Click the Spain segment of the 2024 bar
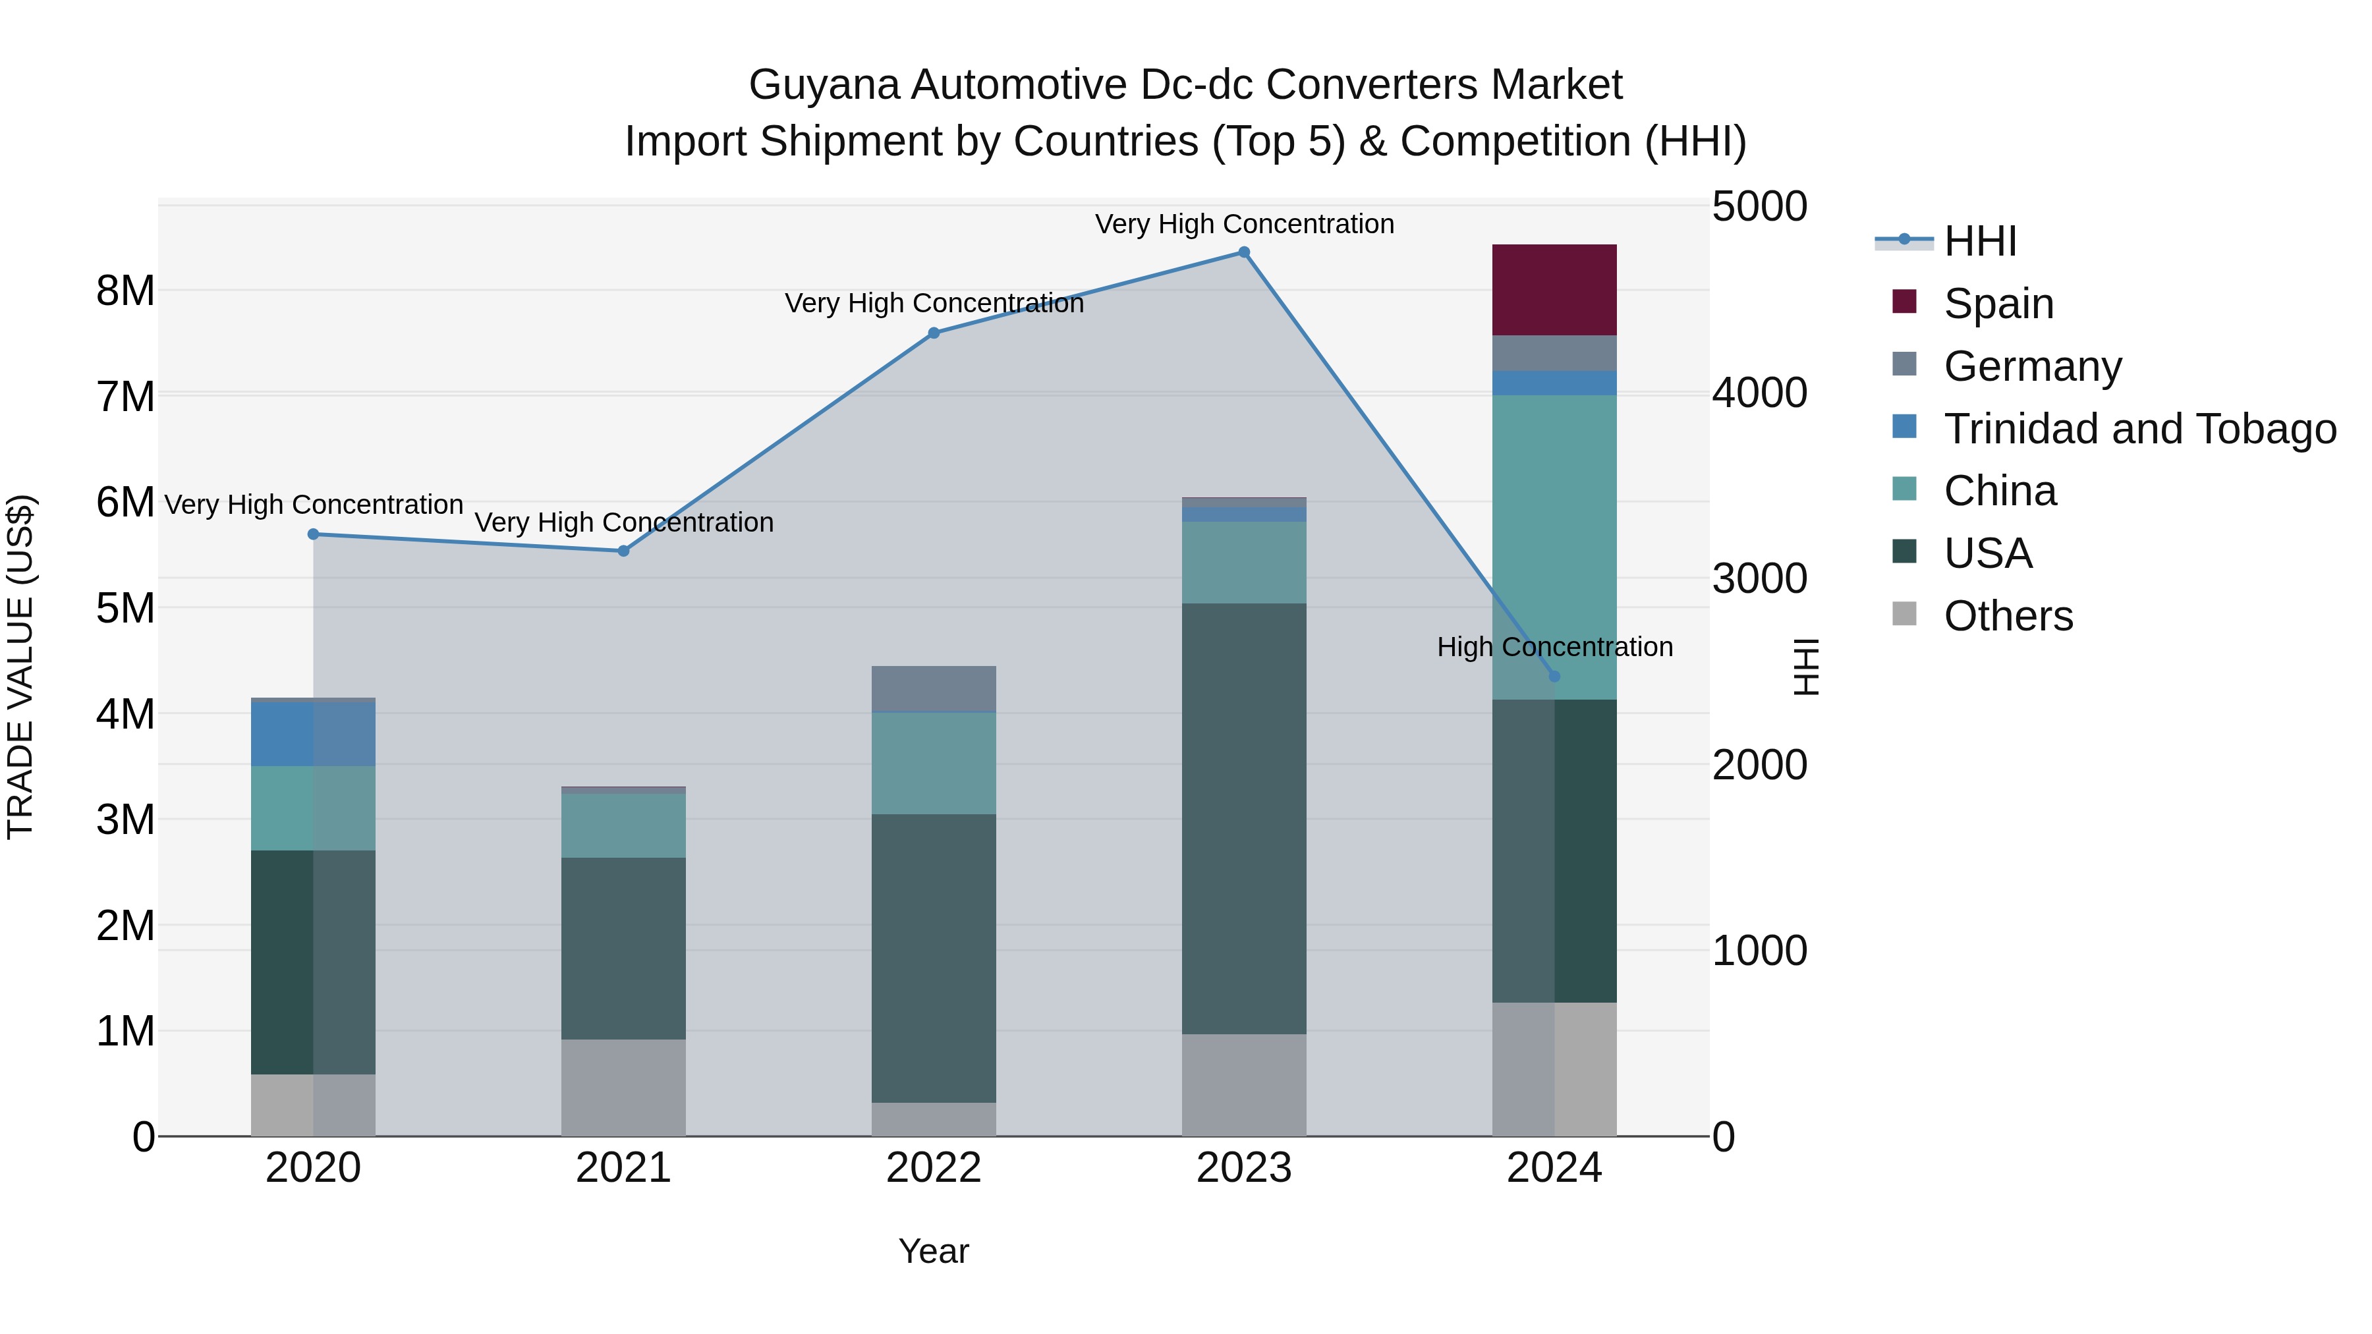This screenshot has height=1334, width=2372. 1554,290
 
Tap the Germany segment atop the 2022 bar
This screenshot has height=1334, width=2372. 934,688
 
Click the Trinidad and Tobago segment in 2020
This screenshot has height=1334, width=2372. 313,734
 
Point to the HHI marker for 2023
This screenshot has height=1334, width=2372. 1243,252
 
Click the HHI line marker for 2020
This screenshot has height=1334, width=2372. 313,534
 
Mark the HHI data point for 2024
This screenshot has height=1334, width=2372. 1554,677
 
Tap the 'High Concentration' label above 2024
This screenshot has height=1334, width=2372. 1554,647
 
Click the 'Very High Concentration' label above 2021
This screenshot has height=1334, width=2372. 623,523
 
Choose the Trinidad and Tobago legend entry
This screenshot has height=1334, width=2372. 2139,429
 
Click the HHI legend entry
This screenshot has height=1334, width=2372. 1980,241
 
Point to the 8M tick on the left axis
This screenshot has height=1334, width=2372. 125,291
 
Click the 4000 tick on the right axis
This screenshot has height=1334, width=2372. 1759,393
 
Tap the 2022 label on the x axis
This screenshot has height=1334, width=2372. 934,1168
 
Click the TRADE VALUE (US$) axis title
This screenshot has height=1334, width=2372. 21,667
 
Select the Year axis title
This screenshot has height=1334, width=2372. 934,1251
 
